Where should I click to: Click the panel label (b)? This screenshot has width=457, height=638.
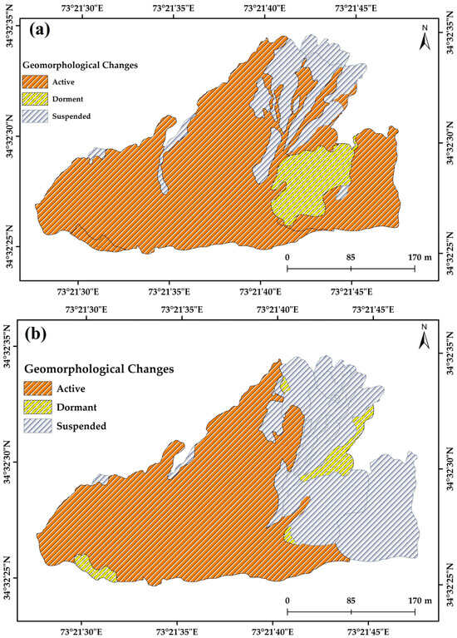(x=40, y=339)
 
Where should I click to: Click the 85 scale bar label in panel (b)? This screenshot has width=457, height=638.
(x=351, y=600)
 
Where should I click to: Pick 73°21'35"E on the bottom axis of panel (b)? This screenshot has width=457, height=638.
(x=176, y=631)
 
